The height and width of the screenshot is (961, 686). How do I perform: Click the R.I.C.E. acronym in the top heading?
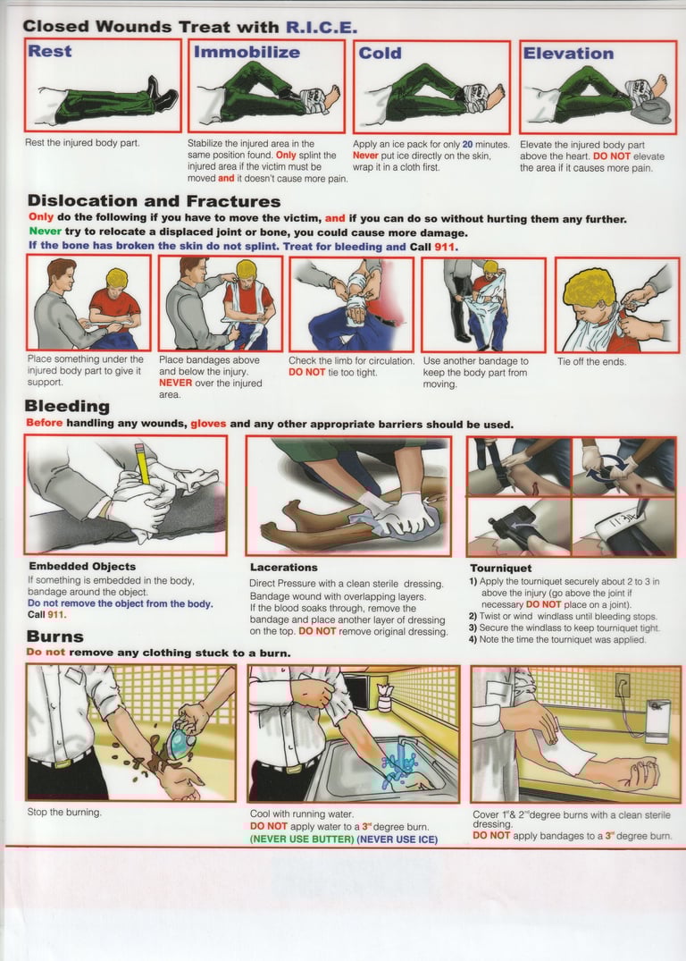pos(322,27)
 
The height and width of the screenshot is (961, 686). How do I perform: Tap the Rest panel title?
pos(50,51)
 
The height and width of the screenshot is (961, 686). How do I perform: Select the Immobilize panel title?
pos(247,52)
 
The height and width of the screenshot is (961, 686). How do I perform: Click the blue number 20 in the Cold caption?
pos(467,145)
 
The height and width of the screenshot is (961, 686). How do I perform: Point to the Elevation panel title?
pos(568,54)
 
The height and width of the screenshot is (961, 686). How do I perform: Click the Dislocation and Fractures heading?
pos(155,201)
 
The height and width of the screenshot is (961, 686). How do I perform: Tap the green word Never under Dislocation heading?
pos(45,232)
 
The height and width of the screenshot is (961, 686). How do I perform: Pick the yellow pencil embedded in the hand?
pos(142,464)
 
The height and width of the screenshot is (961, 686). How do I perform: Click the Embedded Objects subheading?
pos(82,566)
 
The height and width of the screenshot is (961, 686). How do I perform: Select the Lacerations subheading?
pos(283,568)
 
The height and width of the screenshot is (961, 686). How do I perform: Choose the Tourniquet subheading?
pos(501,569)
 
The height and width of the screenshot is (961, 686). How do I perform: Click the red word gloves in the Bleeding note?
pos(208,424)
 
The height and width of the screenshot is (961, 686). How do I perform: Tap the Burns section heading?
pos(55,636)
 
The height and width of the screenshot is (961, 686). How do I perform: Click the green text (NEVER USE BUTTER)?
pos(302,839)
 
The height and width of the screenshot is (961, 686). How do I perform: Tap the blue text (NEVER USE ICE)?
pos(397,839)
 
